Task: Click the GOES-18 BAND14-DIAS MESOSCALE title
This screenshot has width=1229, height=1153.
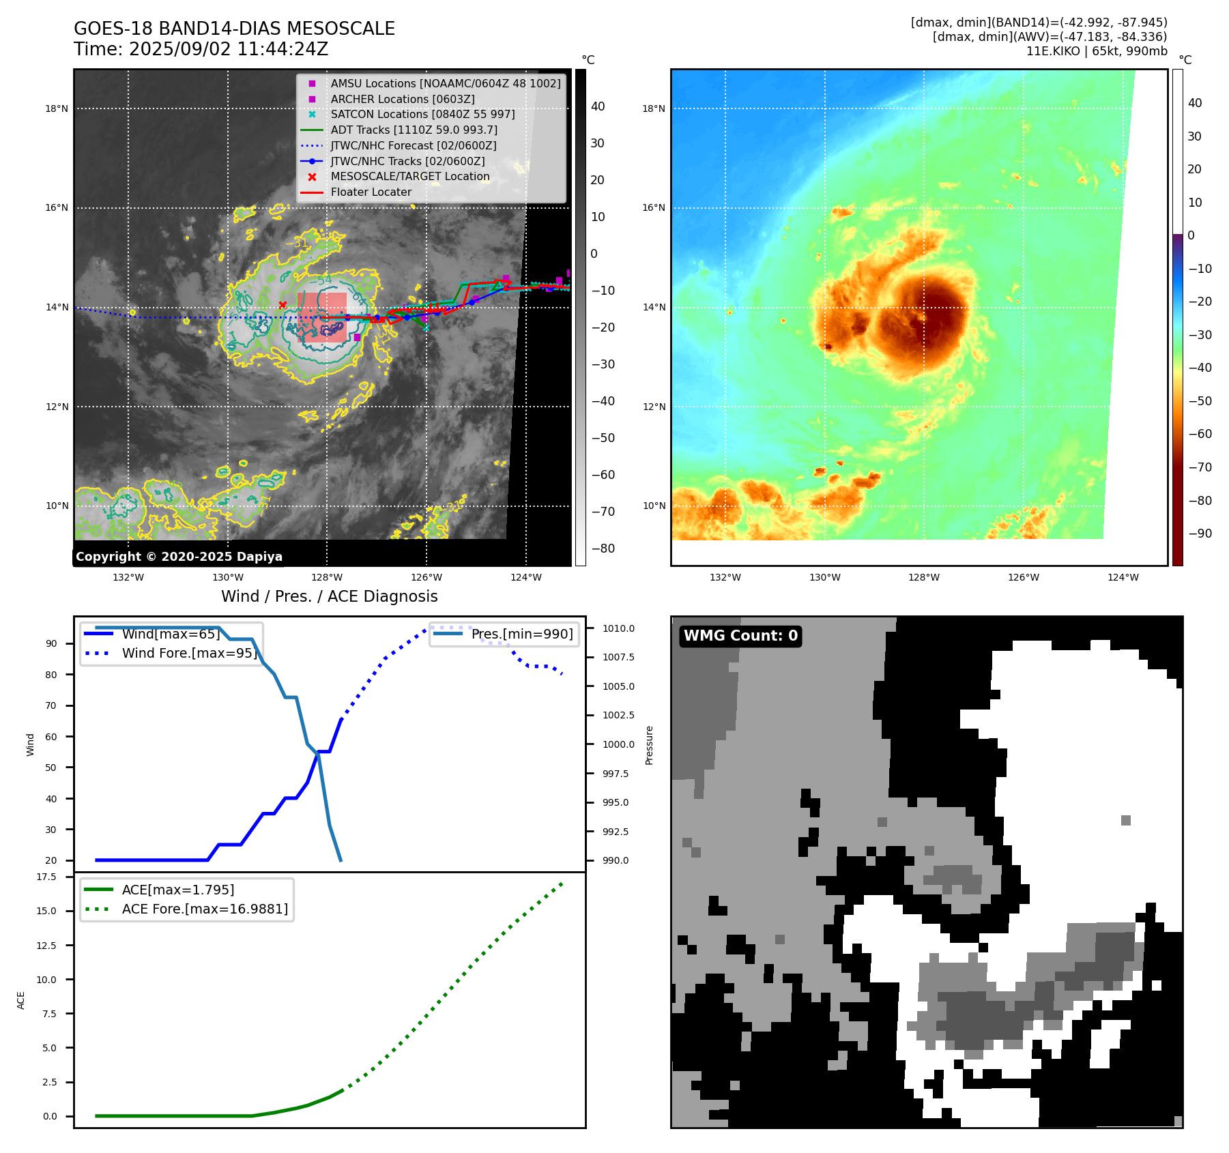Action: point(234,29)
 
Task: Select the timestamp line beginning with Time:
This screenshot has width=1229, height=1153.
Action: point(201,49)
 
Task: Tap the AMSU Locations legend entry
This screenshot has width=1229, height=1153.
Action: point(445,83)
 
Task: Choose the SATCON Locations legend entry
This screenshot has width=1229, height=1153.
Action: point(422,114)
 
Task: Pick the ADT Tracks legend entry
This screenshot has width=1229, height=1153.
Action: point(414,130)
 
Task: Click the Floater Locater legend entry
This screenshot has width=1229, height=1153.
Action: point(371,192)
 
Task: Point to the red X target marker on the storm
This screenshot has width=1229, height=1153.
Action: point(283,305)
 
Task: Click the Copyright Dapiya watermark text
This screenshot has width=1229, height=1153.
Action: point(179,556)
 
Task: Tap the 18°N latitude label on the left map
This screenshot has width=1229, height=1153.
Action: point(57,108)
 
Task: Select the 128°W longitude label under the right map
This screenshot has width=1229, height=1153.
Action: point(923,577)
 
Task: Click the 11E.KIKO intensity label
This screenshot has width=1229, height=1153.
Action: point(1096,51)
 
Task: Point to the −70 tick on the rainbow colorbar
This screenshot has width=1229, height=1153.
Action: point(1200,467)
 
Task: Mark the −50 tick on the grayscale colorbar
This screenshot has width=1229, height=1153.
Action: point(603,438)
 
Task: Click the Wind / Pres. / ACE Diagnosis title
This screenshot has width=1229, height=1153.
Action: point(329,596)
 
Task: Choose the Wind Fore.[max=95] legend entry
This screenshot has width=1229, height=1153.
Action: point(189,653)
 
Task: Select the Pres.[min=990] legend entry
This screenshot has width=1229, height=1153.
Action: point(521,634)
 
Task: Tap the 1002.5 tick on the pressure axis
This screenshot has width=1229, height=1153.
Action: point(618,715)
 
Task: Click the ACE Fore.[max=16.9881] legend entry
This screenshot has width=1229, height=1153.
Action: point(205,909)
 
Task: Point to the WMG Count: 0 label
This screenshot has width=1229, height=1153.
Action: point(740,636)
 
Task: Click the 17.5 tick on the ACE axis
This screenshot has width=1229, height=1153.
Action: point(46,877)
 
